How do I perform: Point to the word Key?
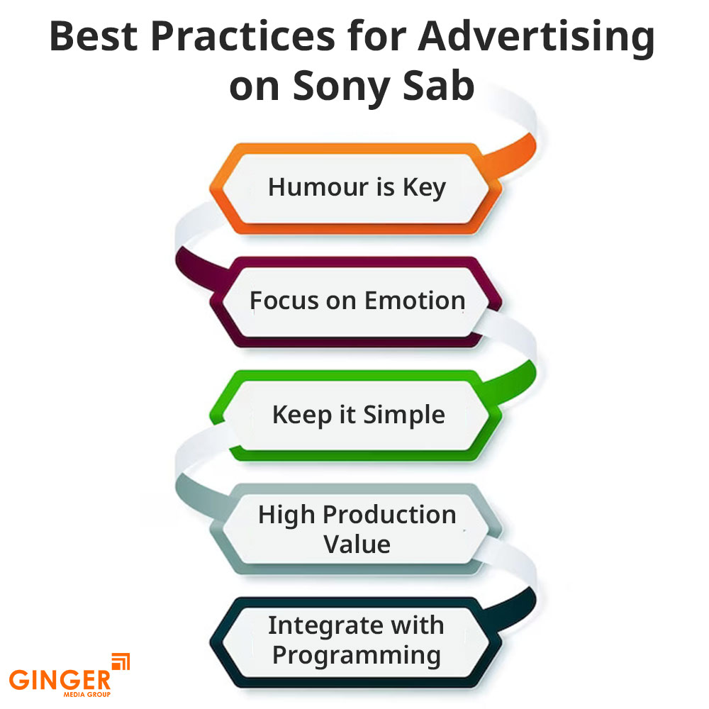[424, 188]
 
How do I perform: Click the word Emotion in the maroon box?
[415, 300]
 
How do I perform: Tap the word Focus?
[284, 300]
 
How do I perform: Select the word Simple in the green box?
[404, 415]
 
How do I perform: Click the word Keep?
[301, 415]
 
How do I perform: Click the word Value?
[357, 544]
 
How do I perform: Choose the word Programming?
[357, 656]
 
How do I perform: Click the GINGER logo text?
[60, 680]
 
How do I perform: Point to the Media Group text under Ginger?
[86, 695]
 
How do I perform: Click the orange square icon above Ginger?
[121, 661]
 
